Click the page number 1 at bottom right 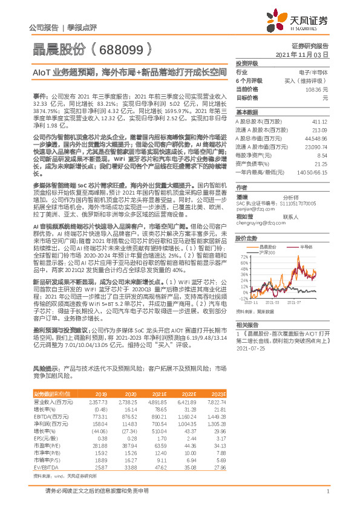(327, 499)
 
